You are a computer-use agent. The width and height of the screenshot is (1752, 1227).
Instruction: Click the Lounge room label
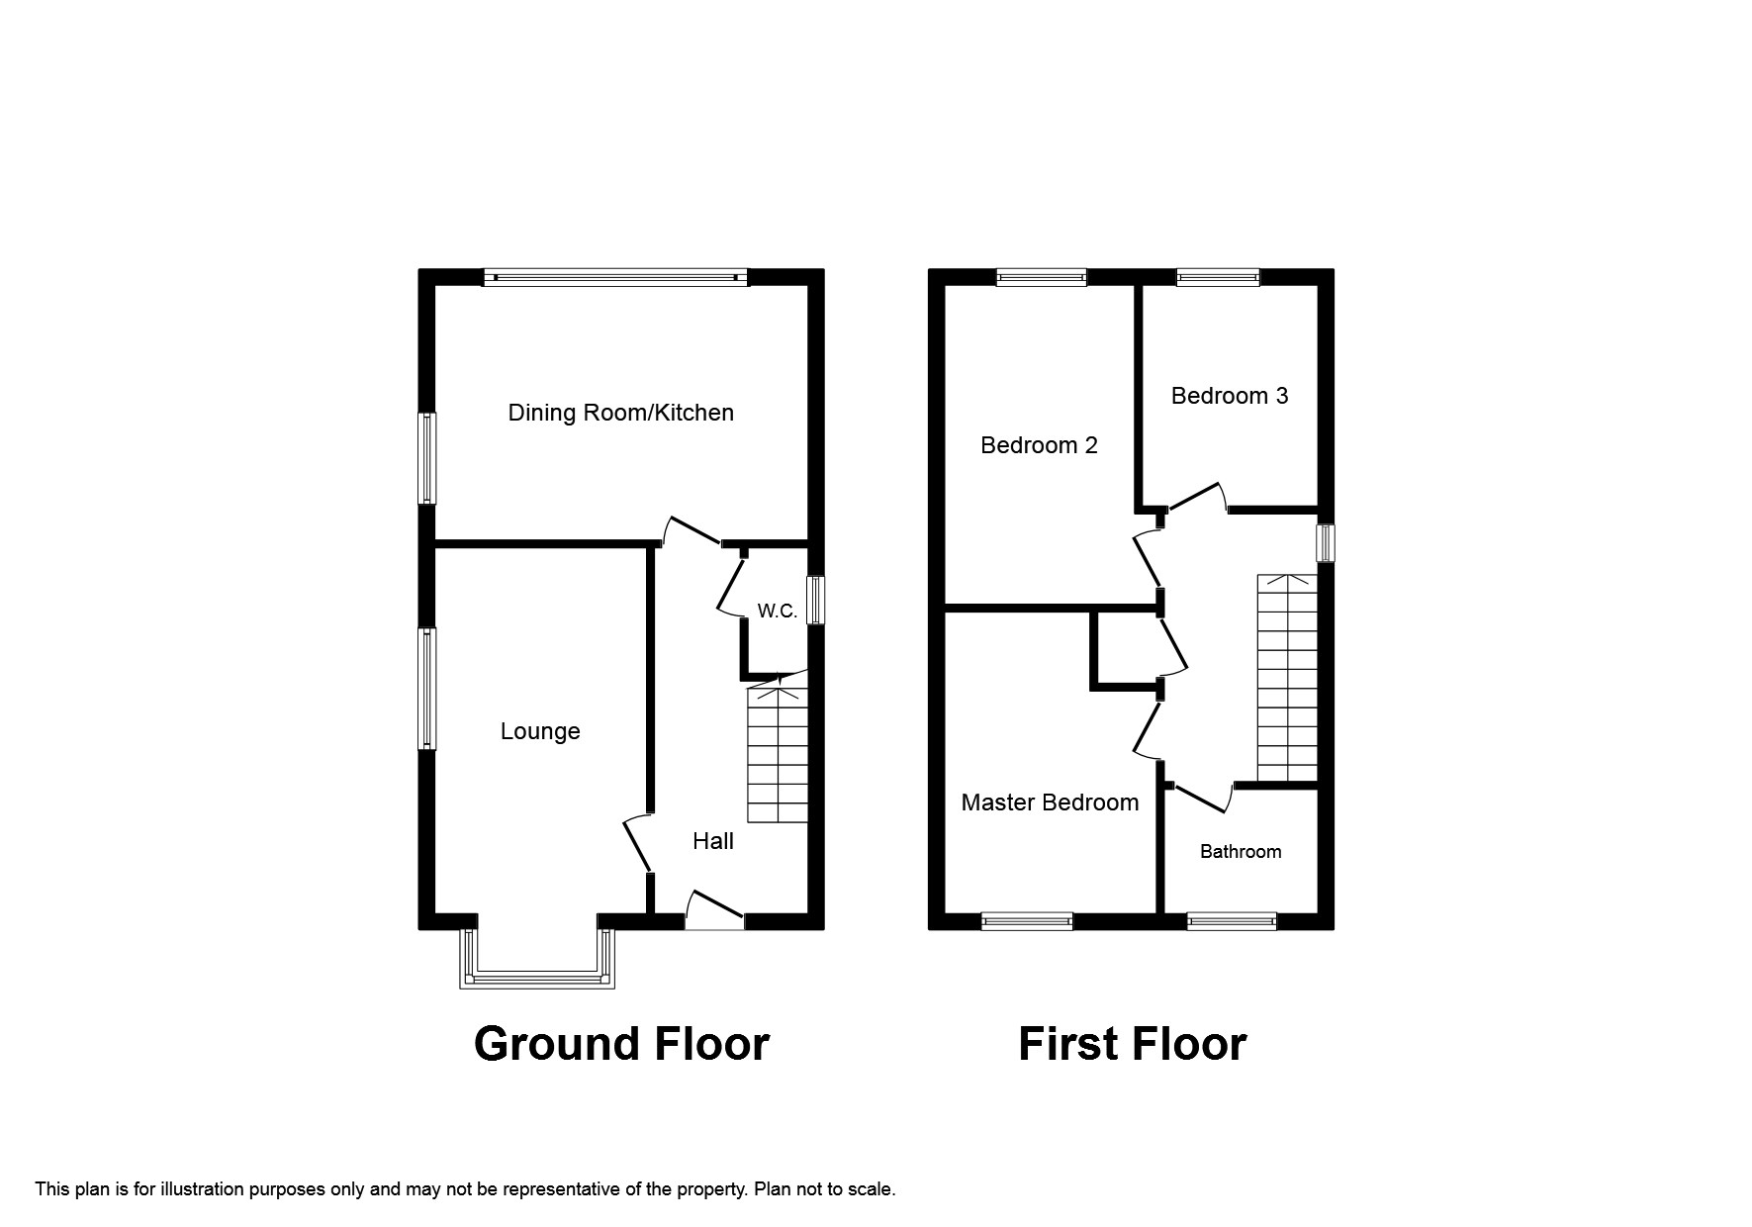(x=540, y=731)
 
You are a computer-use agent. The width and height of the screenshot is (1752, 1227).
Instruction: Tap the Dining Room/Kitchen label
(x=621, y=413)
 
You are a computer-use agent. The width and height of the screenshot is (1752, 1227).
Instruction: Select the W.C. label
(x=778, y=612)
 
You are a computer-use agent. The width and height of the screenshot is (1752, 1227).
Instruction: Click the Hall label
(x=713, y=841)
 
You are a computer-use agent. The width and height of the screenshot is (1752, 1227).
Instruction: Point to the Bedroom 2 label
(x=1039, y=445)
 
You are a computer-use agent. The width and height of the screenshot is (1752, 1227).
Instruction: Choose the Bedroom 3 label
(x=1230, y=396)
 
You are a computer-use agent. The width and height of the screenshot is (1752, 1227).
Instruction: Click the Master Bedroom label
(x=1050, y=802)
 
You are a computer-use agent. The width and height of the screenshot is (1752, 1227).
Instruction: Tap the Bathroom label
(x=1241, y=852)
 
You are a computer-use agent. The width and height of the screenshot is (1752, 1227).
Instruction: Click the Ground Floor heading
(x=621, y=1044)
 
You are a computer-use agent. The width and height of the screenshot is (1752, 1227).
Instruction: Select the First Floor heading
(x=1132, y=1044)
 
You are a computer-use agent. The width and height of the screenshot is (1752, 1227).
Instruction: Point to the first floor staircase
(x=1288, y=678)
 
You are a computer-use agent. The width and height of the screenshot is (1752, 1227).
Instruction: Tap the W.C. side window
(x=816, y=601)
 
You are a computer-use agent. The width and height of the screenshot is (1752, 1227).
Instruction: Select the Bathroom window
(x=1232, y=921)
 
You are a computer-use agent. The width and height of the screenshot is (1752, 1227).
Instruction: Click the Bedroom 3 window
(x=1218, y=277)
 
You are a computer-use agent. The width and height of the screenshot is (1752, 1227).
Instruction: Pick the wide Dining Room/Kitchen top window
(x=616, y=278)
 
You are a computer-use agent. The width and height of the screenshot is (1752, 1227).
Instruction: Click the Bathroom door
(x=1202, y=796)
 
